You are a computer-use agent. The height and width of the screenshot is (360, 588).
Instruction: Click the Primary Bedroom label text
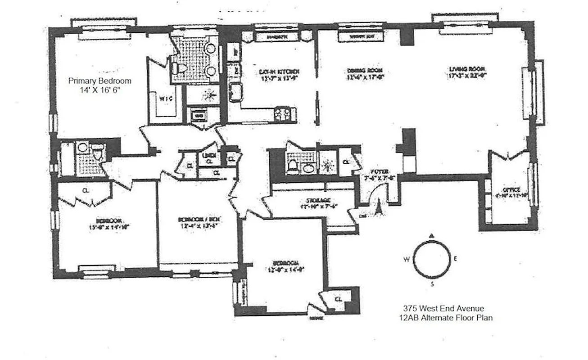pyautogui.click(x=100, y=81)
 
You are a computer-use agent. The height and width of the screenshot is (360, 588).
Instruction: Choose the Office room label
pyautogui.click(x=512, y=189)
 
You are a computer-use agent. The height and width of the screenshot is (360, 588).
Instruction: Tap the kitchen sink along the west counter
pyautogui.click(x=235, y=92)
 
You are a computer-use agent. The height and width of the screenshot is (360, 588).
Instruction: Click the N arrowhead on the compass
pyautogui.click(x=432, y=235)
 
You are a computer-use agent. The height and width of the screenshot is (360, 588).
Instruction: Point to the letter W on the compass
pyautogui.click(x=406, y=259)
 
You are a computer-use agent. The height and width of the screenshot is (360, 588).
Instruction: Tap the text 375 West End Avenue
pyautogui.click(x=443, y=308)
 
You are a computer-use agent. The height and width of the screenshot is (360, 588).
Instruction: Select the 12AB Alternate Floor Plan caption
pyautogui.click(x=443, y=318)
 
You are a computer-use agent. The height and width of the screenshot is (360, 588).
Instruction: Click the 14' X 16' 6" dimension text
pyautogui.click(x=100, y=90)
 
